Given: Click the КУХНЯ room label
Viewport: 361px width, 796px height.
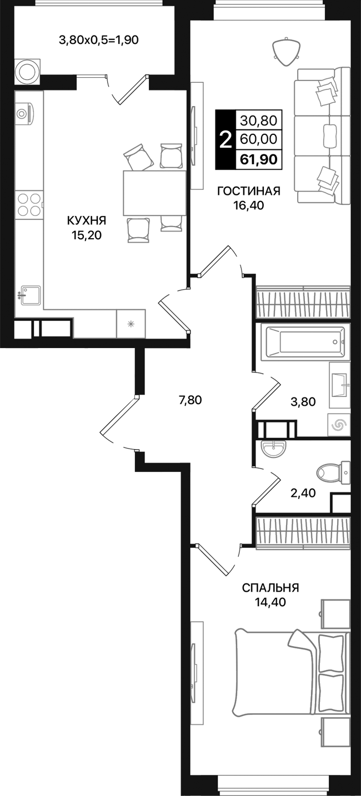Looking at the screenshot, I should (x=86, y=220).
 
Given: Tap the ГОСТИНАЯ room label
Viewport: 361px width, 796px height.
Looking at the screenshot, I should (x=248, y=192).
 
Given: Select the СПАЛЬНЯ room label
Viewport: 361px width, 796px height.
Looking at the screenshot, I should (x=270, y=588).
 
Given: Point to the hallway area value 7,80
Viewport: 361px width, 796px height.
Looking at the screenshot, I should (x=190, y=400).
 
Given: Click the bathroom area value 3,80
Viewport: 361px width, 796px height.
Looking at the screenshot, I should (x=304, y=402).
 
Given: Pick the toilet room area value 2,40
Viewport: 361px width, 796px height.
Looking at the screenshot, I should (x=304, y=492).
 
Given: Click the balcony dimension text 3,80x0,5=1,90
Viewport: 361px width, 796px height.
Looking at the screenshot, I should (x=99, y=40).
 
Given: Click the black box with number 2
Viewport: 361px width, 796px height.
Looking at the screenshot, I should (x=225, y=139).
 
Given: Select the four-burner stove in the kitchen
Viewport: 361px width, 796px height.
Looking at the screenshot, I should (x=30, y=204).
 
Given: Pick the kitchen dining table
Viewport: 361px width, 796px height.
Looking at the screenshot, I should (x=154, y=193).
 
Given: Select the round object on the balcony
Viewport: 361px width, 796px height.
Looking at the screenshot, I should (x=26, y=71).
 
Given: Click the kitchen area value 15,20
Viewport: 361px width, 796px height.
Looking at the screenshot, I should (x=86, y=235).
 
